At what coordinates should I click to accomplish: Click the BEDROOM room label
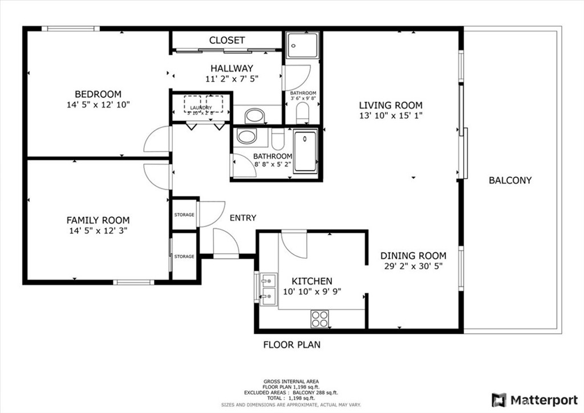(x=98, y=94)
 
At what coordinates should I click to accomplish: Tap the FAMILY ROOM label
(x=98, y=220)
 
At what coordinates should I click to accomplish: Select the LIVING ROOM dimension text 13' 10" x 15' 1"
(x=391, y=116)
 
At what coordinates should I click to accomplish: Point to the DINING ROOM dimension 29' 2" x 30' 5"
(x=413, y=266)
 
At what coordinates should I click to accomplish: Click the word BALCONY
(x=510, y=180)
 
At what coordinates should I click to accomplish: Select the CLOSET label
(x=227, y=40)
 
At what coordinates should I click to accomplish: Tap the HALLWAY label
(x=232, y=68)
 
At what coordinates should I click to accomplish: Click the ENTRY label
(x=243, y=218)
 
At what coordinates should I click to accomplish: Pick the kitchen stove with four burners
(x=320, y=318)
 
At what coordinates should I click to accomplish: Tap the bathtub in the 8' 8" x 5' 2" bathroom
(x=305, y=151)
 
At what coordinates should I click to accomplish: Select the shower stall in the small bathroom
(x=302, y=46)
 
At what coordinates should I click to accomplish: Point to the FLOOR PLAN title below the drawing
(x=291, y=345)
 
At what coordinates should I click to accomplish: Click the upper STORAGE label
(x=184, y=215)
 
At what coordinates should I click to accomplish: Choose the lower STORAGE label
(x=184, y=257)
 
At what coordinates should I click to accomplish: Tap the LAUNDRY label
(x=201, y=108)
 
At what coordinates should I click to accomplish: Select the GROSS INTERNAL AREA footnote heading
(x=291, y=381)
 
